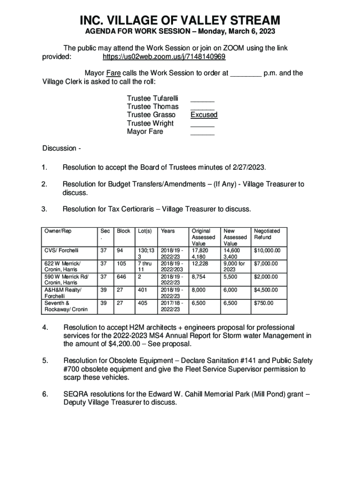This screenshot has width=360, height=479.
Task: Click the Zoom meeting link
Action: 164,57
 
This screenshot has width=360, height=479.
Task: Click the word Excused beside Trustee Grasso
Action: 204,115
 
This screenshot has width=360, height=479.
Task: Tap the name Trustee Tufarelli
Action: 153,98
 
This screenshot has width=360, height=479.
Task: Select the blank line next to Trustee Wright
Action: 202,125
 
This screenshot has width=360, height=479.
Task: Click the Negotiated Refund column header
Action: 266,234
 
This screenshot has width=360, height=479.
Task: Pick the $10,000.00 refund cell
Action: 267,251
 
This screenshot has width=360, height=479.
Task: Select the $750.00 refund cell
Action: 264,304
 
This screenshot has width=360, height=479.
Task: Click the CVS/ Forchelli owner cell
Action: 61,251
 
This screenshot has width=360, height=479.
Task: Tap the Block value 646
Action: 122,277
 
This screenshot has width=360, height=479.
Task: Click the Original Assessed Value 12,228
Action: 200,264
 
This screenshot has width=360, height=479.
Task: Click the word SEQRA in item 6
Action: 76,394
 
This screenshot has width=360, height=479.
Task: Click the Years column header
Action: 168,231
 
